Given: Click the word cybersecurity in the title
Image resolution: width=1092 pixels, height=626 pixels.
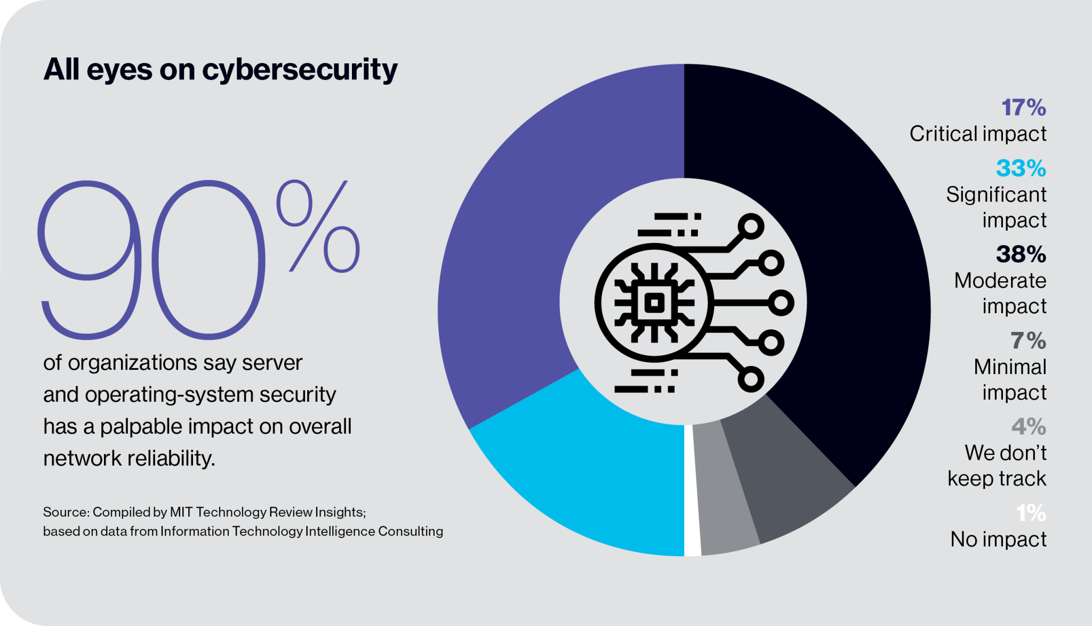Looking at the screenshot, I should pos(300,70).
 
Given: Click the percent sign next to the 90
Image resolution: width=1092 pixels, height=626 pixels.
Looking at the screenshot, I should pos(318,226).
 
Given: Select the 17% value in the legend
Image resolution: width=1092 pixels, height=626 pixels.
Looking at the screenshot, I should pos(1023,108).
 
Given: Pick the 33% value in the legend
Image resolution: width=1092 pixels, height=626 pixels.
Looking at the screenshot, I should pos(1021,168).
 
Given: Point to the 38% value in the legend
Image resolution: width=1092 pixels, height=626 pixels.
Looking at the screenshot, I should pos(1021,254).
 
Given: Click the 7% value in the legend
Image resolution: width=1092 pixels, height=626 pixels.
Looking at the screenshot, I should pos(1028,340).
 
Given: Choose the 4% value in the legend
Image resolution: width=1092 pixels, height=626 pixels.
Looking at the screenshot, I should pos(1029,427).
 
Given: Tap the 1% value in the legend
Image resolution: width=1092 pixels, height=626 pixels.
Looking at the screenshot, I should pos(1031,513).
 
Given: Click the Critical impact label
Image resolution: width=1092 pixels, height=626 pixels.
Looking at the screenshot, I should pos(978,134).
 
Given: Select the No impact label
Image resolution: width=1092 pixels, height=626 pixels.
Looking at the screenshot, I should pos(998,540).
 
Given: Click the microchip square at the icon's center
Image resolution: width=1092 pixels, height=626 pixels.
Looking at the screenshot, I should pos(654,303).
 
